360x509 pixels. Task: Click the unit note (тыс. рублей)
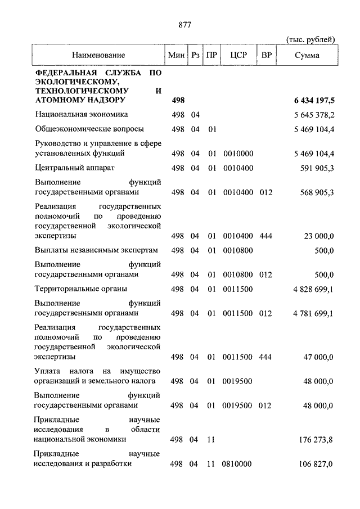[x=310, y=39]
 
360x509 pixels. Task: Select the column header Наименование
[x=98, y=55]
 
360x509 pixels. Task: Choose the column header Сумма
[x=307, y=55]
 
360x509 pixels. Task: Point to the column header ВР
[x=266, y=55]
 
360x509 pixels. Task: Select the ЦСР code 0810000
[x=238, y=464]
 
